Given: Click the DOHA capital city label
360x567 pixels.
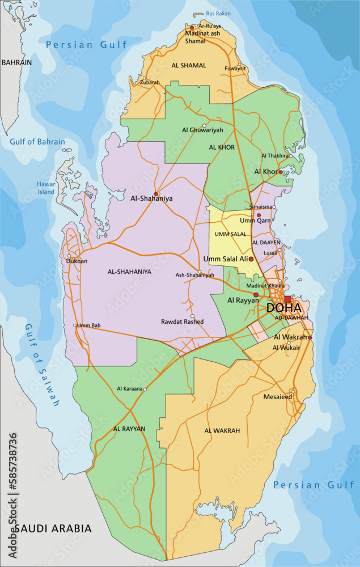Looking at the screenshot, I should [x=283, y=308].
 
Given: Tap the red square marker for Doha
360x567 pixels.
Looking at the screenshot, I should [x=288, y=299].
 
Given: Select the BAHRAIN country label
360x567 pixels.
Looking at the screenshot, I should [x=16, y=62].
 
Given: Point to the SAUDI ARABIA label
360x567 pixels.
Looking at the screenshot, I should [x=53, y=528].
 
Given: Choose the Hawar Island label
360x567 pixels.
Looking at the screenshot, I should [x=46, y=188].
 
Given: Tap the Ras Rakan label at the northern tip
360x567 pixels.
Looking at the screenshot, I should [x=218, y=14].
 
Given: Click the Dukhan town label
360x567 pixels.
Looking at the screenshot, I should [x=77, y=261].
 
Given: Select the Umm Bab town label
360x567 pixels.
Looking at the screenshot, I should [x=88, y=325].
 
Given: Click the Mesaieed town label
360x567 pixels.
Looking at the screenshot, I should [x=277, y=397].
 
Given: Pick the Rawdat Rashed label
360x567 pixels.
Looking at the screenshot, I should [x=182, y=321].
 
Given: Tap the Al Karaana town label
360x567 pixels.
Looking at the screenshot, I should [x=130, y=389].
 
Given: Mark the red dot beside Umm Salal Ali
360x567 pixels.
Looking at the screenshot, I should [x=251, y=259].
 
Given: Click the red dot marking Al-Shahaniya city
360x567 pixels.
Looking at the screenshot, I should [x=156, y=193].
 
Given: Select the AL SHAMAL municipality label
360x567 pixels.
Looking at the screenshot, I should [x=189, y=65].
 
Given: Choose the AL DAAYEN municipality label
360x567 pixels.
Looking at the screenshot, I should [x=266, y=242].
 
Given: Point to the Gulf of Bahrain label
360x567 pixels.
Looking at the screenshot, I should [x=37, y=142].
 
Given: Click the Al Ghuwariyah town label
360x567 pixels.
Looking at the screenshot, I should [x=202, y=130].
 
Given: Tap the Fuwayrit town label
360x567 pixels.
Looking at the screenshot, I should [x=235, y=69].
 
